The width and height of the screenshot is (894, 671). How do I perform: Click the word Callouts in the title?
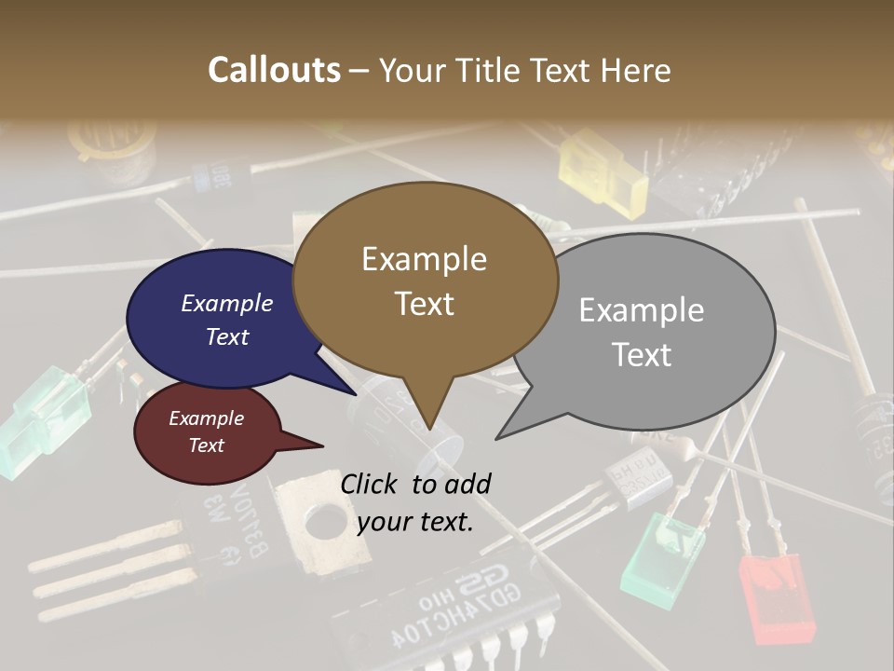click(274, 70)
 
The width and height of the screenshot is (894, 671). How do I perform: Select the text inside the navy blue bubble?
click(226, 320)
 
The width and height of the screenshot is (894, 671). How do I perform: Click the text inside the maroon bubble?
click(206, 431)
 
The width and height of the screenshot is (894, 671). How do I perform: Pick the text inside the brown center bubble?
click(424, 281)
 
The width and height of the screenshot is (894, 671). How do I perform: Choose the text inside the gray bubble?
click(642, 332)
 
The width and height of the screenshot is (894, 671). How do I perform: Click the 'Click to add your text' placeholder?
click(415, 502)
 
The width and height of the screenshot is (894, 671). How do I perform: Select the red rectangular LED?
click(777, 596)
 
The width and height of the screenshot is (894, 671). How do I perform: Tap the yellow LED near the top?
click(603, 171)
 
